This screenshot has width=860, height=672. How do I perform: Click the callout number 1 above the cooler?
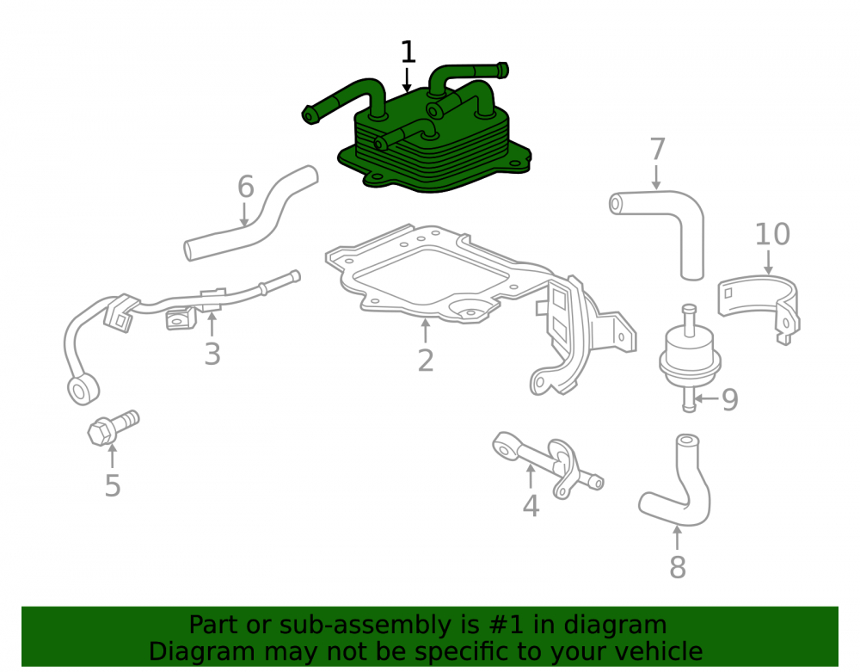408,52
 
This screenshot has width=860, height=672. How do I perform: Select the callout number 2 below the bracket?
426,361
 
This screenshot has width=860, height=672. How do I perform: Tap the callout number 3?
212,354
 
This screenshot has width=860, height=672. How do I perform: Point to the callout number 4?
531,506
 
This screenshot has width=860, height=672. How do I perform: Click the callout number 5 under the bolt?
113,486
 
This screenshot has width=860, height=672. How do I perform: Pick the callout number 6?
246,187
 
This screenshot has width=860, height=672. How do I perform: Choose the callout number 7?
658,149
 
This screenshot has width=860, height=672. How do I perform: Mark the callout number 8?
678,567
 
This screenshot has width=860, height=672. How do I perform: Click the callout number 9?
730,400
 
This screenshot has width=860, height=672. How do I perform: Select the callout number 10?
772,234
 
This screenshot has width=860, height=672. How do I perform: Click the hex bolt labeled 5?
113,428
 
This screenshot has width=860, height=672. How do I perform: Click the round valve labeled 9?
690,355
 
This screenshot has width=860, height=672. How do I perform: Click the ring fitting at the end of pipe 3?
83,389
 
